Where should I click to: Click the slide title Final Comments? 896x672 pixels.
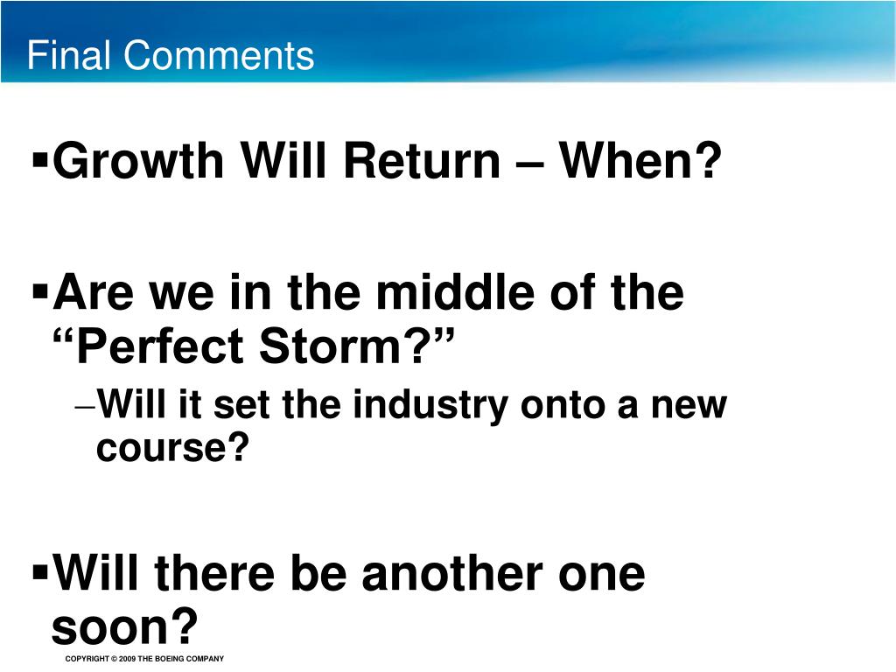point(171,56)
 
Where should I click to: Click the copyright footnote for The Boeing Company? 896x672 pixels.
point(144,659)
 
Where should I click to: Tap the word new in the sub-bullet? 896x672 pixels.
point(693,407)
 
